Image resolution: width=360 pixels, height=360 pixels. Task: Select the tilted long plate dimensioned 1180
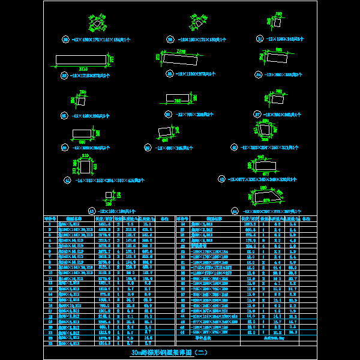179,59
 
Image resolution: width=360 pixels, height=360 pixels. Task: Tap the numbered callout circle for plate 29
65,40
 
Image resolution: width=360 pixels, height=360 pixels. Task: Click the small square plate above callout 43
109,194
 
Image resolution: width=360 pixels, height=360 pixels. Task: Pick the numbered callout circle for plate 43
92,211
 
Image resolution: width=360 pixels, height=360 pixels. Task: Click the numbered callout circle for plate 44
238,211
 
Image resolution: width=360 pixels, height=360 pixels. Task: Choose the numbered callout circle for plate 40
233,147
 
